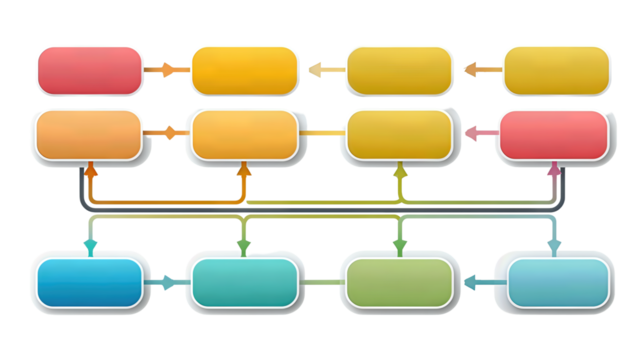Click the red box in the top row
[x=89, y=70]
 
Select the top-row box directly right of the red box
[x=244, y=70]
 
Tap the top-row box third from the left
[x=399, y=70]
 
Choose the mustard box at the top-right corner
[x=556, y=70]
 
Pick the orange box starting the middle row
[x=88, y=134]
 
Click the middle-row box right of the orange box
[x=244, y=134]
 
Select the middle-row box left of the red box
[x=399, y=134]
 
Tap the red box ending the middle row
[x=553, y=134]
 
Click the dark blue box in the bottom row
[x=88, y=282]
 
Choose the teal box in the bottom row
[x=244, y=282]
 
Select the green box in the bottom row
[x=399, y=282]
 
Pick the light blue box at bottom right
[x=559, y=282]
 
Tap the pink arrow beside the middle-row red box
[x=478, y=132]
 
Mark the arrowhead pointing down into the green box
[x=400, y=245]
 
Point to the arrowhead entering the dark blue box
[x=90, y=246]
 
